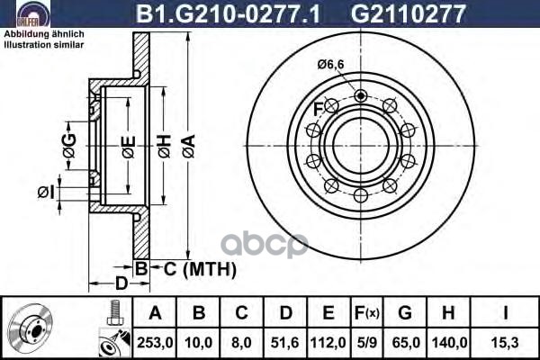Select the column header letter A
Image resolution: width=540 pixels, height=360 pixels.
(x=155, y=314)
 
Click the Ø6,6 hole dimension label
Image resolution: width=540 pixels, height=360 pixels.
(x=332, y=63)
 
